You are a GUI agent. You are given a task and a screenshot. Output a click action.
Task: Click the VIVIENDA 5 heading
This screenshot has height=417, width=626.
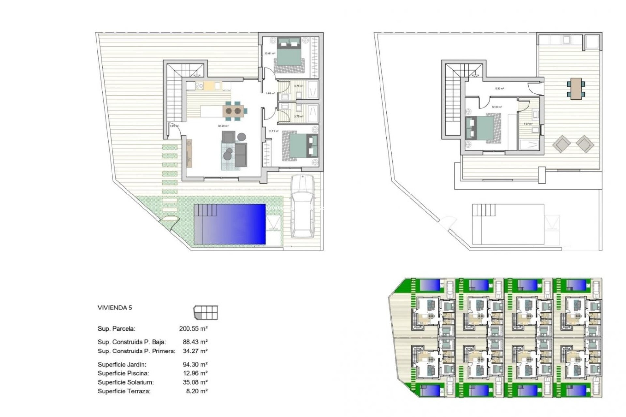click(115, 308)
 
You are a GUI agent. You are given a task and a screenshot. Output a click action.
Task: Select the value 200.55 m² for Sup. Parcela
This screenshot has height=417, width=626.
click(193, 329)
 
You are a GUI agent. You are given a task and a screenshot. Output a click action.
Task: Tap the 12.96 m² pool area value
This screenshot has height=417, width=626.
click(195, 373)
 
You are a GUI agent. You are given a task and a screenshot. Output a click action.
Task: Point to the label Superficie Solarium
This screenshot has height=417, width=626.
click(126, 382)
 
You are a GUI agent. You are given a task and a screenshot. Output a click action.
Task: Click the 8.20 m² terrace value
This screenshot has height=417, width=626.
click(197, 391)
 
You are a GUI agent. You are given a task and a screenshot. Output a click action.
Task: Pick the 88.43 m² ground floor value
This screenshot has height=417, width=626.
click(195, 342)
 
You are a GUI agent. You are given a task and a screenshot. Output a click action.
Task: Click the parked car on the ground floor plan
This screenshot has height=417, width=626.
click(303, 207)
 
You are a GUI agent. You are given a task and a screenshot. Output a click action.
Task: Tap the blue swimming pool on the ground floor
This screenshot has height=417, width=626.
click(230, 224)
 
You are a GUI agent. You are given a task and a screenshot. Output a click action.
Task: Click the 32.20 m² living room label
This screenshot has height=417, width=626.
click(223, 126)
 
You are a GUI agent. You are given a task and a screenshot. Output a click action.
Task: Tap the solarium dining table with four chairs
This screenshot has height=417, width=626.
click(575, 88)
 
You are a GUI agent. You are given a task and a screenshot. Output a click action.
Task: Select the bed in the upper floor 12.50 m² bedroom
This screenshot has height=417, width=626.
click(481, 130)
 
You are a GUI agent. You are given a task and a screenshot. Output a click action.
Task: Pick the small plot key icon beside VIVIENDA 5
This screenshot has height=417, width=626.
click(205, 312)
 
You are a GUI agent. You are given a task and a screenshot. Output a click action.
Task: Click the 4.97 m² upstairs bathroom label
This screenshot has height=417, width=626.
click(528, 124)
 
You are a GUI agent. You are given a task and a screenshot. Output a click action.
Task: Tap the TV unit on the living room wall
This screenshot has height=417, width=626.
click(189, 153)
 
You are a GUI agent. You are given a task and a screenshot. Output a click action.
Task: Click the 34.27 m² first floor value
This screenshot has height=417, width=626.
click(195, 351)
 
